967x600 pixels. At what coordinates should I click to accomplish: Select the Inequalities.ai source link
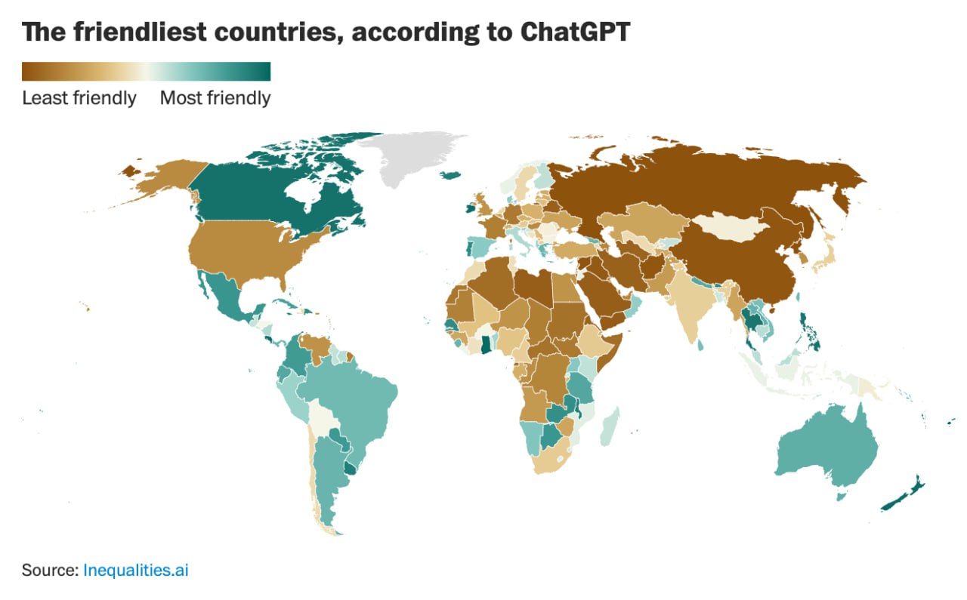pyautogui.click(x=135, y=570)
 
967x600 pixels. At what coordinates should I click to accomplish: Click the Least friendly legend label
pyautogui.click(x=79, y=98)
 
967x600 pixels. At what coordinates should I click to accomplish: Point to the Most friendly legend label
pyautogui.click(x=215, y=98)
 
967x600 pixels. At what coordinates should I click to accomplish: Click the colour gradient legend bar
pyautogui.click(x=146, y=72)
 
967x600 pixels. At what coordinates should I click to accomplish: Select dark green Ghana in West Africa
pyautogui.click(x=484, y=345)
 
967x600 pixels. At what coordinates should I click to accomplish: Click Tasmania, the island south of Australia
pyautogui.click(x=841, y=496)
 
